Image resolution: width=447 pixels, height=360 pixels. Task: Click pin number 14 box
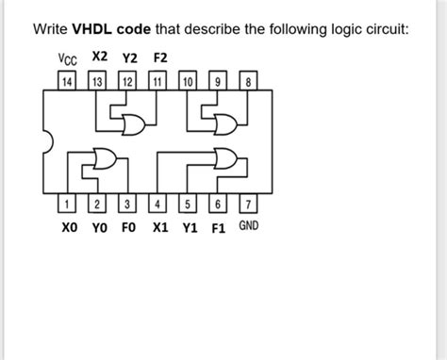click(x=66, y=82)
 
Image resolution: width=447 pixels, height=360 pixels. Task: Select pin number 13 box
click(x=96, y=82)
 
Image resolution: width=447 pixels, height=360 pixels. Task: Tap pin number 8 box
click(x=248, y=82)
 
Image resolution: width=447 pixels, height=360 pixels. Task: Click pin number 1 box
click(x=66, y=205)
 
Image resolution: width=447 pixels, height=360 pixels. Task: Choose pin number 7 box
click(x=248, y=205)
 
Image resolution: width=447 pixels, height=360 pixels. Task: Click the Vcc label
click(x=67, y=60)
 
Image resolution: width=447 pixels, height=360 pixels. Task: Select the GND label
click(x=248, y=226)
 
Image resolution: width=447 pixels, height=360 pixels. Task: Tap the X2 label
click(x=99, y=58)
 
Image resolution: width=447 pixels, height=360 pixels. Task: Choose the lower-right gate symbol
click(x=226, y=157)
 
